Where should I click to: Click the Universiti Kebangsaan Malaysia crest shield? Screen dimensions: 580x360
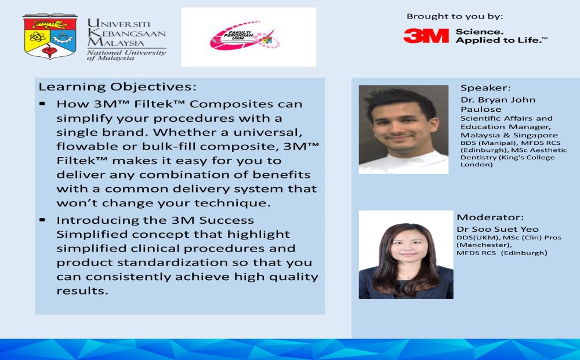[x=50, y=36]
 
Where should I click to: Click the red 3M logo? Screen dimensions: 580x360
[x=426, y=36]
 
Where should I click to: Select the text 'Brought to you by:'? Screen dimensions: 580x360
[x=455, y=16]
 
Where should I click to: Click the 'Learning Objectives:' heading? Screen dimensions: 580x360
[x=118, y=87]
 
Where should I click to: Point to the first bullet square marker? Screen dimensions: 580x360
[x=42, y=104]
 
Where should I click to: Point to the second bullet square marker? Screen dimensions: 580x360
[x=42, y=220]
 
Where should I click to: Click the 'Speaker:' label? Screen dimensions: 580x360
[x=485, y=88]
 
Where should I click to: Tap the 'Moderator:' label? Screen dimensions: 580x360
[x=490, y=217]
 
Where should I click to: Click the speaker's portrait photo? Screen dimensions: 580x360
[x=404, y=129]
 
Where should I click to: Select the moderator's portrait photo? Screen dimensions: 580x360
[x=406, y=254]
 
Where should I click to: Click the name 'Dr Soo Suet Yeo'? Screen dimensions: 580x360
[x=498, y=229]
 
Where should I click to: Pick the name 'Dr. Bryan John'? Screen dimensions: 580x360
[x=498, y=100]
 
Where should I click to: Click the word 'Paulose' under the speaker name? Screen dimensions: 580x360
[x=481, y=110]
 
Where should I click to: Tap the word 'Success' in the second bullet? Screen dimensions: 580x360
[x=226, y=220]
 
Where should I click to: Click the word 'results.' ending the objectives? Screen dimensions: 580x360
[x=82, y=291]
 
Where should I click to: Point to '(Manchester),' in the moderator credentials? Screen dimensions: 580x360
[x=484, y=245]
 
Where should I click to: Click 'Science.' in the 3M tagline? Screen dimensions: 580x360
[x=480, y=32]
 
